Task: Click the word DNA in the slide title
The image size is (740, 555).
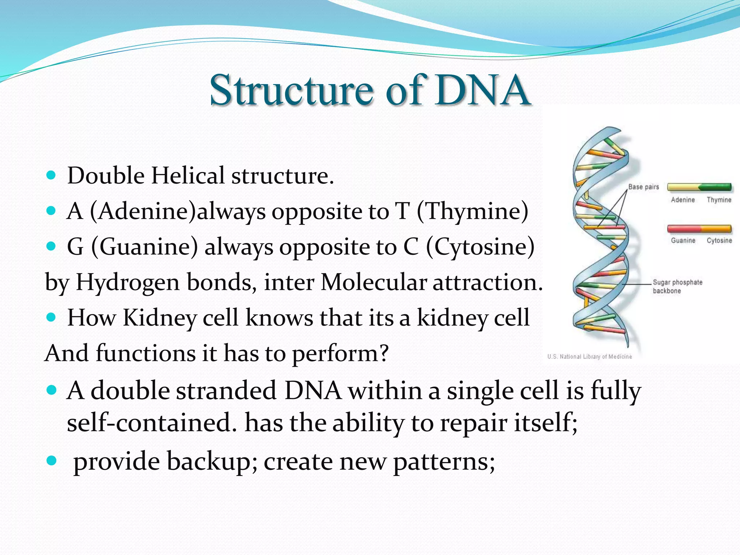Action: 482,90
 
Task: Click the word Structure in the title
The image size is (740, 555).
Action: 291,90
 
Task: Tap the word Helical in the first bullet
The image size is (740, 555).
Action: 188,176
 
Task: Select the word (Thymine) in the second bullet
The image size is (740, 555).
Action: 472,211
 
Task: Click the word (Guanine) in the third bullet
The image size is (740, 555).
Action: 145,247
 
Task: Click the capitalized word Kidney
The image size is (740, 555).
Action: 160,318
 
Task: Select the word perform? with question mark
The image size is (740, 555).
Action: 340,353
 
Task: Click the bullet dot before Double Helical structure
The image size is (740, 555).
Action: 51,175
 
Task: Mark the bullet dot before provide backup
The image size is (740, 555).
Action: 51,460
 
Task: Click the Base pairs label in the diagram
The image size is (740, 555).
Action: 644,187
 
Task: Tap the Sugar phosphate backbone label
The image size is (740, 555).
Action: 677,286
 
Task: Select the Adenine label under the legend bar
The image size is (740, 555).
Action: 683,200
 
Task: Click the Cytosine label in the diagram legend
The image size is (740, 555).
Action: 719,240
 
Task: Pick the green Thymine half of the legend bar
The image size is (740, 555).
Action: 715,187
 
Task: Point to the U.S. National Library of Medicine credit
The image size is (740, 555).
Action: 589,357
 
